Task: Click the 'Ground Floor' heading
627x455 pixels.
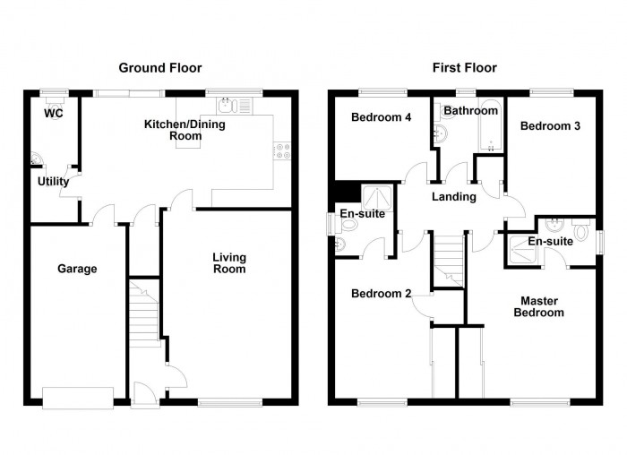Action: [x=160, y=68]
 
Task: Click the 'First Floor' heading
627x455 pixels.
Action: [x=464, y=68]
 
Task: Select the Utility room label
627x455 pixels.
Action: [x=53, y=182]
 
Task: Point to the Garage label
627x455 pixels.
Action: [x=77, y=269]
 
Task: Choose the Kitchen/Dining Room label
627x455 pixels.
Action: [x=185, y=130]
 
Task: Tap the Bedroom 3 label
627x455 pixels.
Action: [x=550, y=126]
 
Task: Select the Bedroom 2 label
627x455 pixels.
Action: [x=381, y=294]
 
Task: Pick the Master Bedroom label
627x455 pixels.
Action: [x=538, y=306]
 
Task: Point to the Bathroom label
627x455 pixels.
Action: [x=470, y=111]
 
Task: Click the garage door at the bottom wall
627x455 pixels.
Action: [x=78, y=397]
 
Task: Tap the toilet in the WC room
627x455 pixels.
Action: [x=56, y=99]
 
